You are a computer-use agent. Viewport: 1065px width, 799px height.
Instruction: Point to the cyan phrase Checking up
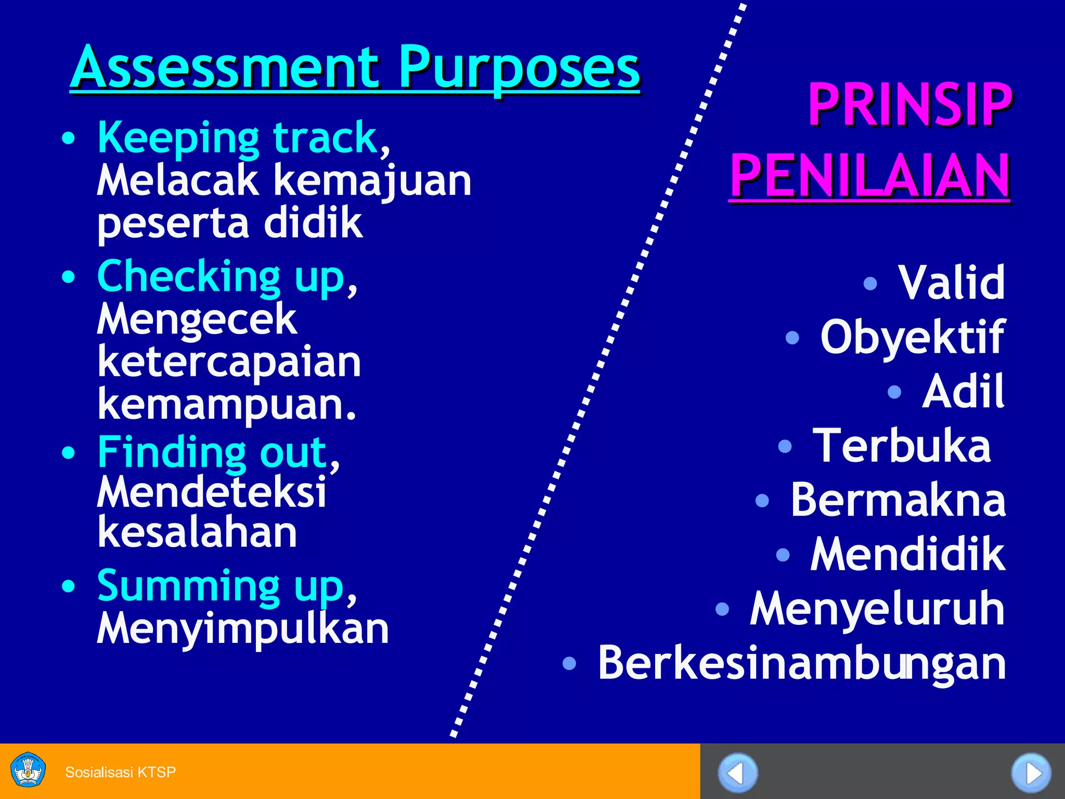click(221, 277)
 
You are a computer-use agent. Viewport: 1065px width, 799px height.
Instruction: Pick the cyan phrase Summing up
click(220, 586)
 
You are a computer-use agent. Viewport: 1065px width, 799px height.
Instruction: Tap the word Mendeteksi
click(212, 492)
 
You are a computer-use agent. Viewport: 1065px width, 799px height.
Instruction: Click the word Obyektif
click(912, 337)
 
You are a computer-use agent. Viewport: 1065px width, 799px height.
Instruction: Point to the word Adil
click(963, 392)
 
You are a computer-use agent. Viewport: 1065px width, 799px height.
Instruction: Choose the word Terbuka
click(902, 446)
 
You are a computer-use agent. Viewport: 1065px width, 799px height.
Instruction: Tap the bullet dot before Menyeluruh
click(722, 609)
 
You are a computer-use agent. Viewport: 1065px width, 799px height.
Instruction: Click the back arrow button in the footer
click(737, 773)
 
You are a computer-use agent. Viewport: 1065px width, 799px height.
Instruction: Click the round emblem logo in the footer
click(28, 770)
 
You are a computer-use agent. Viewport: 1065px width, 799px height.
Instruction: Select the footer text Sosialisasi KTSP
click(120, 772)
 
